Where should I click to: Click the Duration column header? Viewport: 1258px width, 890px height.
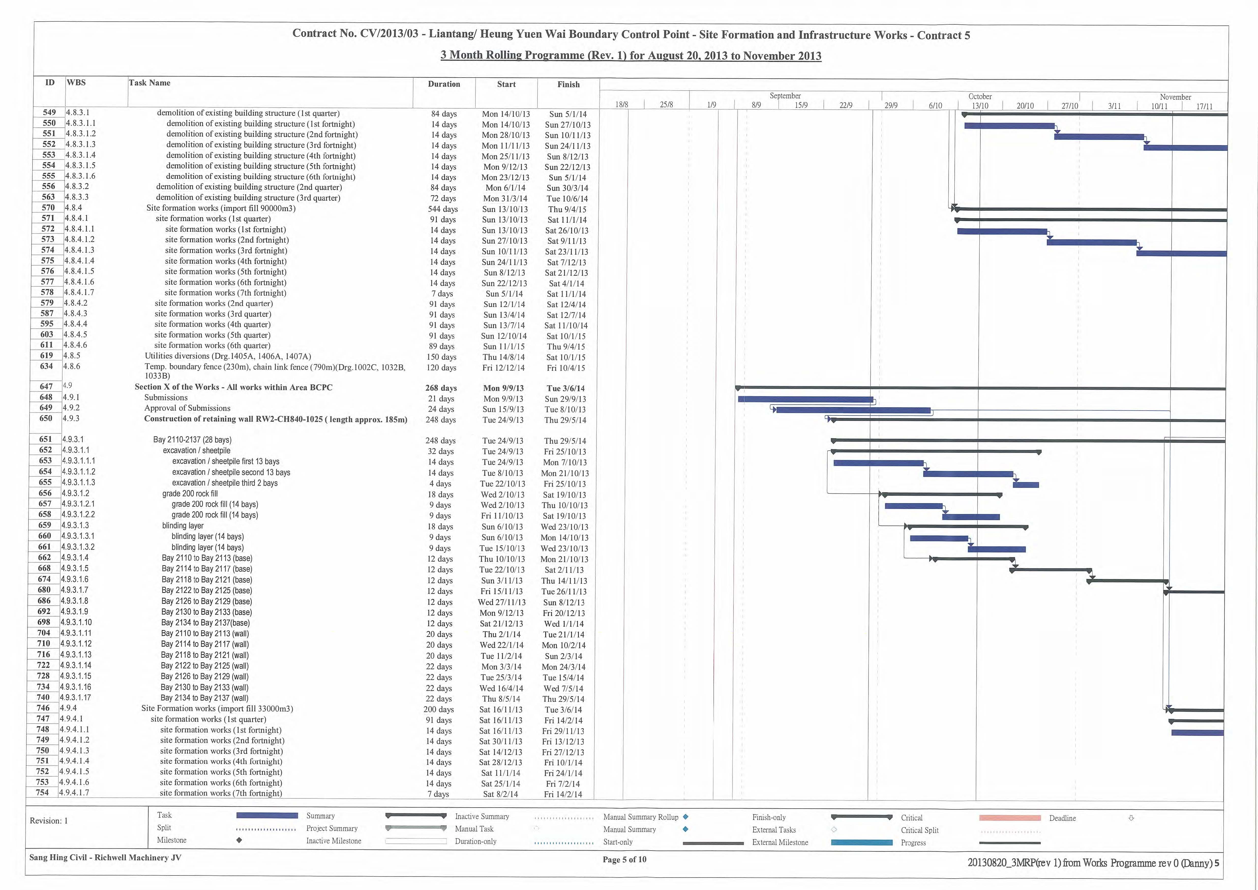click(x=444, y=84)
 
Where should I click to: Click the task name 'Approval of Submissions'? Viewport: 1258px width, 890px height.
click(x=187, y=408)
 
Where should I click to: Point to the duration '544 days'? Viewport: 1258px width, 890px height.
click(x=443, y=209)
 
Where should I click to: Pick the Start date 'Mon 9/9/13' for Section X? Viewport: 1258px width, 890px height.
click(x=503, y=388)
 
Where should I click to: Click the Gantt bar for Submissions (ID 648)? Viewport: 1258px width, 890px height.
click(x=805, y=400)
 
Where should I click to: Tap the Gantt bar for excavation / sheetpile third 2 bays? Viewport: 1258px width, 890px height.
click(x=1026, y=485)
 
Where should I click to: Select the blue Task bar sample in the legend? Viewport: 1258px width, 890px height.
click(x=267, y=815)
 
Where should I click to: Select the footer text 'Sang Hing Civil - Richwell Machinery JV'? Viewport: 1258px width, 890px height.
click(x=105, y=858)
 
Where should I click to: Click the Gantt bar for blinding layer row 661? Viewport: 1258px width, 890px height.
click(x=997, y=549)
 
